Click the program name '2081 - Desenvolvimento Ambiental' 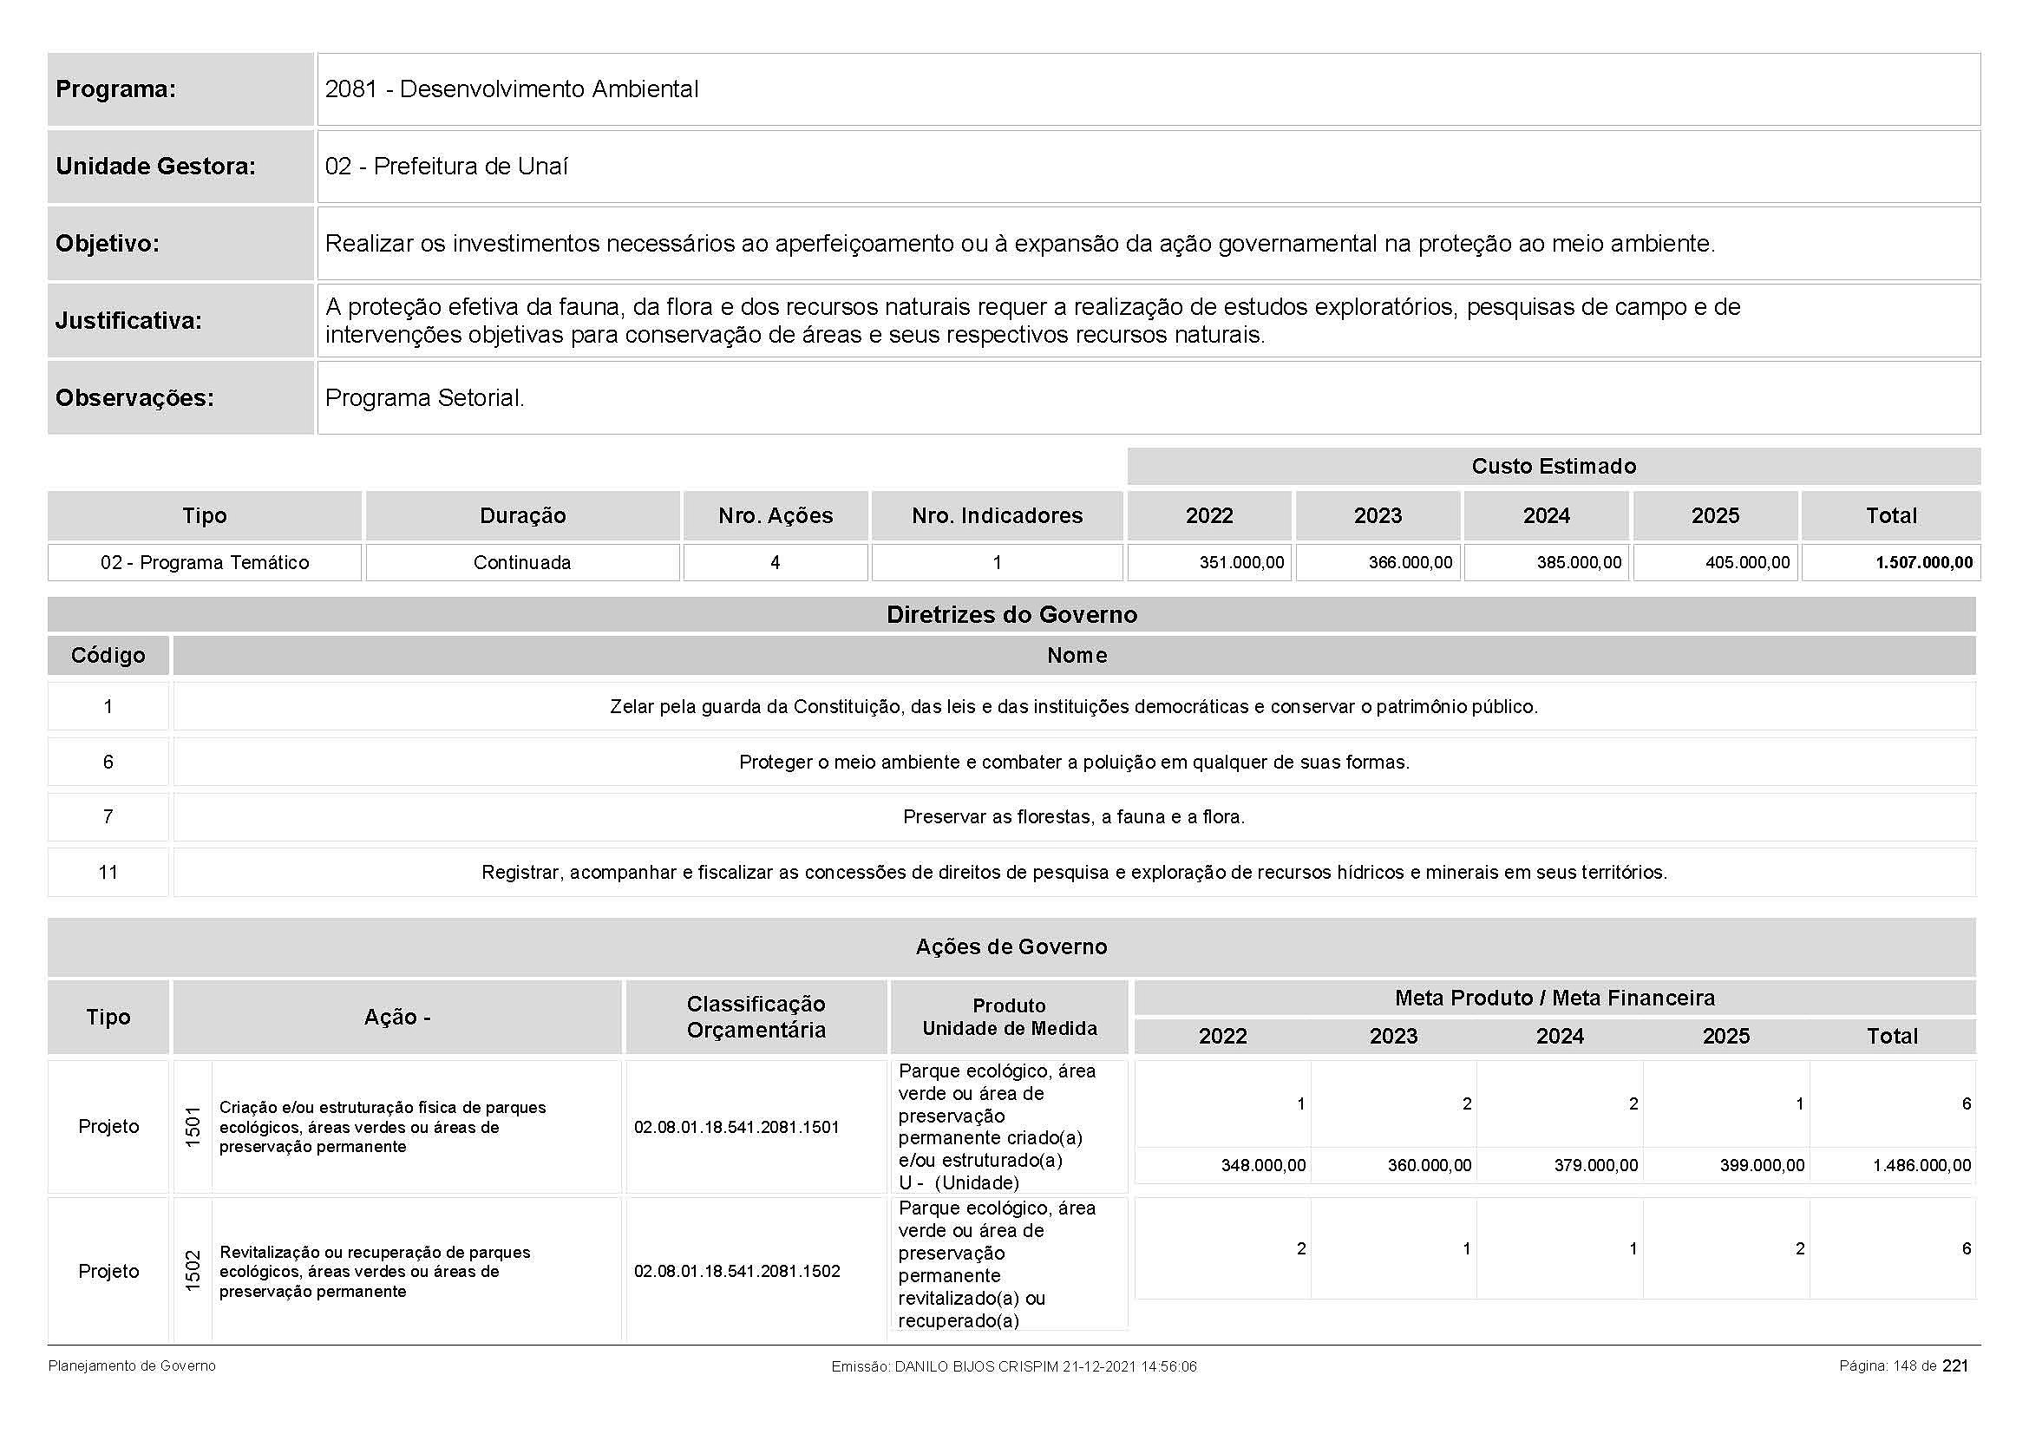tap(511, 89)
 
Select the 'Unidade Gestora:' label tap(155, 166)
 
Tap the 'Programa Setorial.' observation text tap(424, 397)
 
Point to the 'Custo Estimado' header tap(1553, 467)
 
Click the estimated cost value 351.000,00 tap(1240, 563)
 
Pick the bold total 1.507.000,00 tap(1924, 563)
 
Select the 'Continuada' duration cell tap(521, 563)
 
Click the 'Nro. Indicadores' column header tap(997, 516)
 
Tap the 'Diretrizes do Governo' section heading tap(1011, 615)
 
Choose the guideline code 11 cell tap(108, 873)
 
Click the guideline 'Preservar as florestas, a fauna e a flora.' tap(1074, 817)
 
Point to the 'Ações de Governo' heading tap(1011, 947)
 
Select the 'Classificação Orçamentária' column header tap(756, 1017)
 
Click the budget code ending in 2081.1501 tap(736, 1128)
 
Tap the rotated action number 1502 tap(193, 1272)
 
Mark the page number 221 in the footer tap(1954, 1366)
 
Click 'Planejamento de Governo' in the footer tap(132, 1366)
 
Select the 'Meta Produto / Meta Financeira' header tap(1554, 999)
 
